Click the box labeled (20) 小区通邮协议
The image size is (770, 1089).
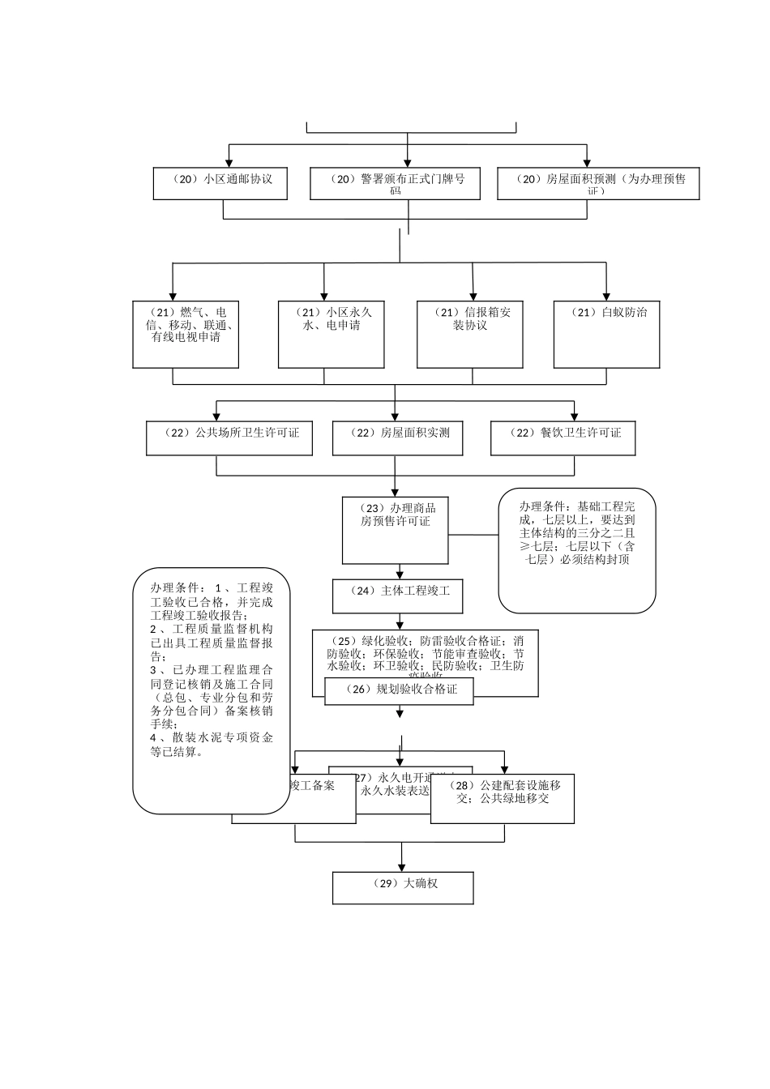(x=222, y=184)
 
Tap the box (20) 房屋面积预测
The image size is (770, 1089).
(x=597, y=184)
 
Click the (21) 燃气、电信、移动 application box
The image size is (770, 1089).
(x=186, y=334)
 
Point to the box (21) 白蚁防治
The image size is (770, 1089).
(x=607, y=334)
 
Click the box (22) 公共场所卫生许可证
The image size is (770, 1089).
(x=229, y=438)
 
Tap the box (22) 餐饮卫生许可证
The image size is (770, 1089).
(x=563, y=438)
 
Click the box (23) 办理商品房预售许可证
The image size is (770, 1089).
(x=395, y=531)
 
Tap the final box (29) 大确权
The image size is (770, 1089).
(x=402, y=887)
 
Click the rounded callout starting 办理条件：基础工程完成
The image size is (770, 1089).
(x=576, y=549)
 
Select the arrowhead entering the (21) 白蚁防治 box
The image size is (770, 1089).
(x=607, y=296)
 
